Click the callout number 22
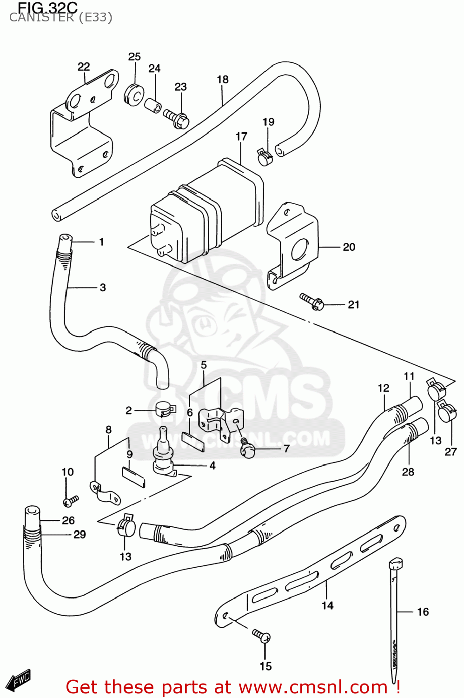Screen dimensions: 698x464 coord(84,67)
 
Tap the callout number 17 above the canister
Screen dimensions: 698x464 coord(241,137)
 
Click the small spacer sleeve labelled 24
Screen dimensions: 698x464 coord(152,105)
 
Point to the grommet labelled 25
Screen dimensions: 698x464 coord(134,95)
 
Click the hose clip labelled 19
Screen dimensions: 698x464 coord(265,157)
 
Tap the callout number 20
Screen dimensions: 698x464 coord(349,247)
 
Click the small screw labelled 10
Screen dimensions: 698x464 coord(71,501)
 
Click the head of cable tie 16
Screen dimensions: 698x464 coord(396,564)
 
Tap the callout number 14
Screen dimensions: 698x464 coord(328,605)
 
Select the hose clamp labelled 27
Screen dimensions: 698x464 coord(447,411)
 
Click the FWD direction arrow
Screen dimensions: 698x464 coord(20,680)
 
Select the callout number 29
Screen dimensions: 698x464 coord(80,535)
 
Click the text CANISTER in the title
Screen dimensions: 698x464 coord(41,18)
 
